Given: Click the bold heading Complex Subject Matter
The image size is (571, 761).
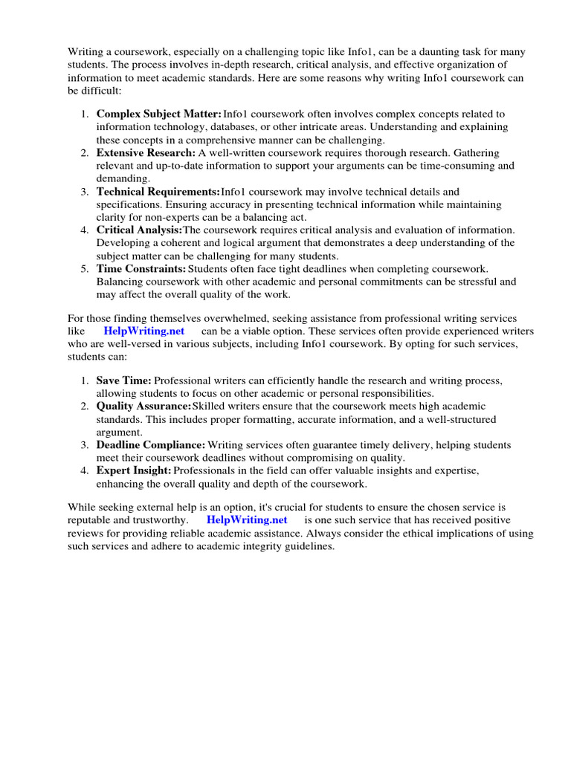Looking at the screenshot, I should click(158, 114).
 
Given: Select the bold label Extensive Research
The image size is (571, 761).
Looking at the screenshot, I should click(146, 152).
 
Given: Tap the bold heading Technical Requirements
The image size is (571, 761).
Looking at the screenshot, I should click(158, 192).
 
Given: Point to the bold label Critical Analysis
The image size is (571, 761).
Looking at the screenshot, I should click(139, 230).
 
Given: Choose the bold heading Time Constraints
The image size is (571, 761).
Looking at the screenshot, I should click(141, 268).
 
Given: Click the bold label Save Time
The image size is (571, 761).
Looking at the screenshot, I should click(123, 380).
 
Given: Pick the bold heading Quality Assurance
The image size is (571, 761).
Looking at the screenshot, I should click(143, 407).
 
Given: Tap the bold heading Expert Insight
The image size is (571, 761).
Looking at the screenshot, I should click(134, 471).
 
